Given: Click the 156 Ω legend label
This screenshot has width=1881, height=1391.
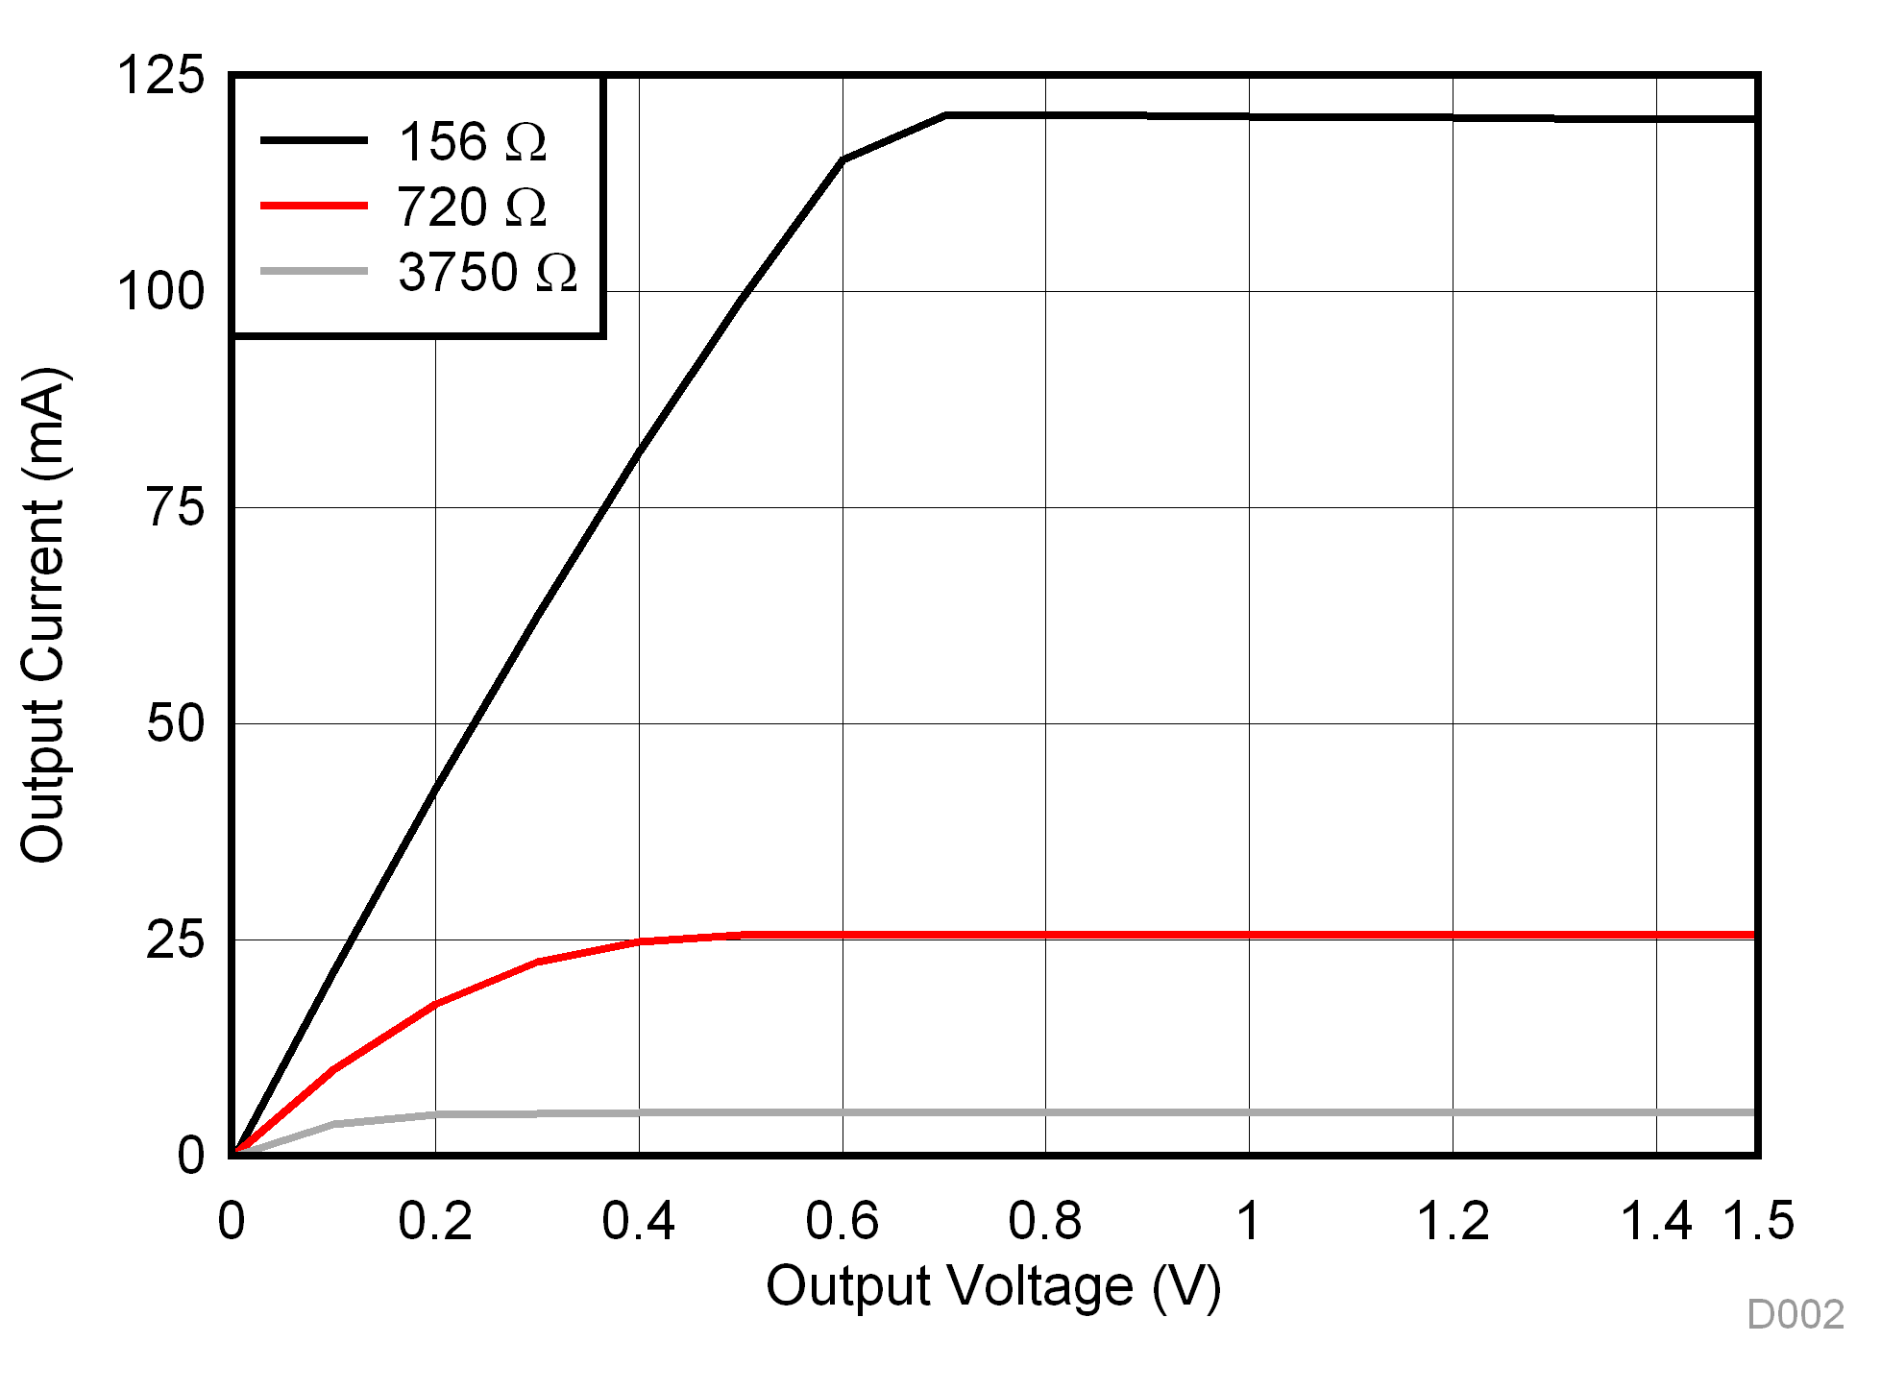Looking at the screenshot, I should click(x=472, y=142).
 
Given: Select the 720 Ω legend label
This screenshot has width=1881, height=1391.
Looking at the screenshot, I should click(x=472, y=207).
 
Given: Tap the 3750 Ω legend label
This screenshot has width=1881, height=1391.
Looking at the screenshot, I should click(x=487, y=273).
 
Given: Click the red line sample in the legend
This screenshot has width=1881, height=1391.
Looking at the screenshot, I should click(x=314, y=206).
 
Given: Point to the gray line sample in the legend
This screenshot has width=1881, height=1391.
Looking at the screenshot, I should click(x=314, y=272).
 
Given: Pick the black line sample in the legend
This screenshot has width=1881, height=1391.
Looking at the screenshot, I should click(x=314, y=140).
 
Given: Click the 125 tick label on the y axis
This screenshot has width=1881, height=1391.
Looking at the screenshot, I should click(x=160, y=75).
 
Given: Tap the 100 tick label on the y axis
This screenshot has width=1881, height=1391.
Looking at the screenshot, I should click(x=160, y=291).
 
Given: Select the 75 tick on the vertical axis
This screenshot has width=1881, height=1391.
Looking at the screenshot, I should click(x=176, y=507).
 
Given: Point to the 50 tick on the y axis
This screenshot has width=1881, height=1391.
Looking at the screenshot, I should click(x=176, y=723).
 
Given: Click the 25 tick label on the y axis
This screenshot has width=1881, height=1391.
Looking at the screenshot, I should click(x=176, y=940).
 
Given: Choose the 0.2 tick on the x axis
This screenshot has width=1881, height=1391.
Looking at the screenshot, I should click(x=435, y=1221).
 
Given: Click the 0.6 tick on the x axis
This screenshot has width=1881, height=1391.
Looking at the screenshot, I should click(x=843, y=1221).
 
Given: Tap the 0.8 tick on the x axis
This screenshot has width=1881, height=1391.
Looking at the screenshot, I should click(x=1045, y=1221).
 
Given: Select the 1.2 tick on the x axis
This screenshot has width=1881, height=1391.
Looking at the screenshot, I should click(x=1453, y=1221).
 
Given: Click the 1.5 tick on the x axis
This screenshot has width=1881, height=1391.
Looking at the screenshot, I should click(x=1758, y=1221).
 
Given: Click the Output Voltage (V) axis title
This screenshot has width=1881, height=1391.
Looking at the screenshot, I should click(x=993, y=1286).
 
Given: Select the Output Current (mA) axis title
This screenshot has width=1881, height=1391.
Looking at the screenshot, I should click(x=44, y=615).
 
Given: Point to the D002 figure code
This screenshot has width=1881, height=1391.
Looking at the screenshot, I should click(x=1795, y=1314).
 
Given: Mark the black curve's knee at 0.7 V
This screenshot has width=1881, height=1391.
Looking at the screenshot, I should click(x=945, y=115).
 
